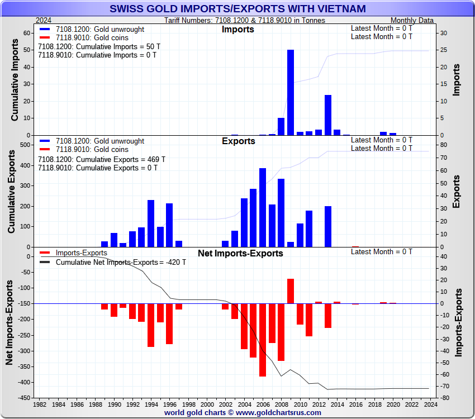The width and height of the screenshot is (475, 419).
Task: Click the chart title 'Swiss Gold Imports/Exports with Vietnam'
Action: tap(237, 8)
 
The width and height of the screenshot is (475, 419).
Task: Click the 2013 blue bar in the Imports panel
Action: tap(328, 115)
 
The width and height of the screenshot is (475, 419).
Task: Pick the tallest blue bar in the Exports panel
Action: tap(263, 207)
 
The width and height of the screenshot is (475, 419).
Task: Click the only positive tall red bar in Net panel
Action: tap(291, 291)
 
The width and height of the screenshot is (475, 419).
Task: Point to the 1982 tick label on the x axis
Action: tap(40, 404)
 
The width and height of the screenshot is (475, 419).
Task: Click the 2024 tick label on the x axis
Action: tap(429, 404)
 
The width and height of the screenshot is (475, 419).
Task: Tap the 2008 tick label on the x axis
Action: tap(281, 404)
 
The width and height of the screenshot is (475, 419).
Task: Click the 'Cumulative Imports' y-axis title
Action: tap(16, 84)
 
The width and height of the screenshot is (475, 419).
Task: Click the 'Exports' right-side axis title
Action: tap(456, 192)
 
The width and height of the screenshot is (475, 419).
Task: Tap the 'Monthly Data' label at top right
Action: tap(412, 20)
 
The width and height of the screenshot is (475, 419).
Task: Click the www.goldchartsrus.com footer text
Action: tap(243, 413)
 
